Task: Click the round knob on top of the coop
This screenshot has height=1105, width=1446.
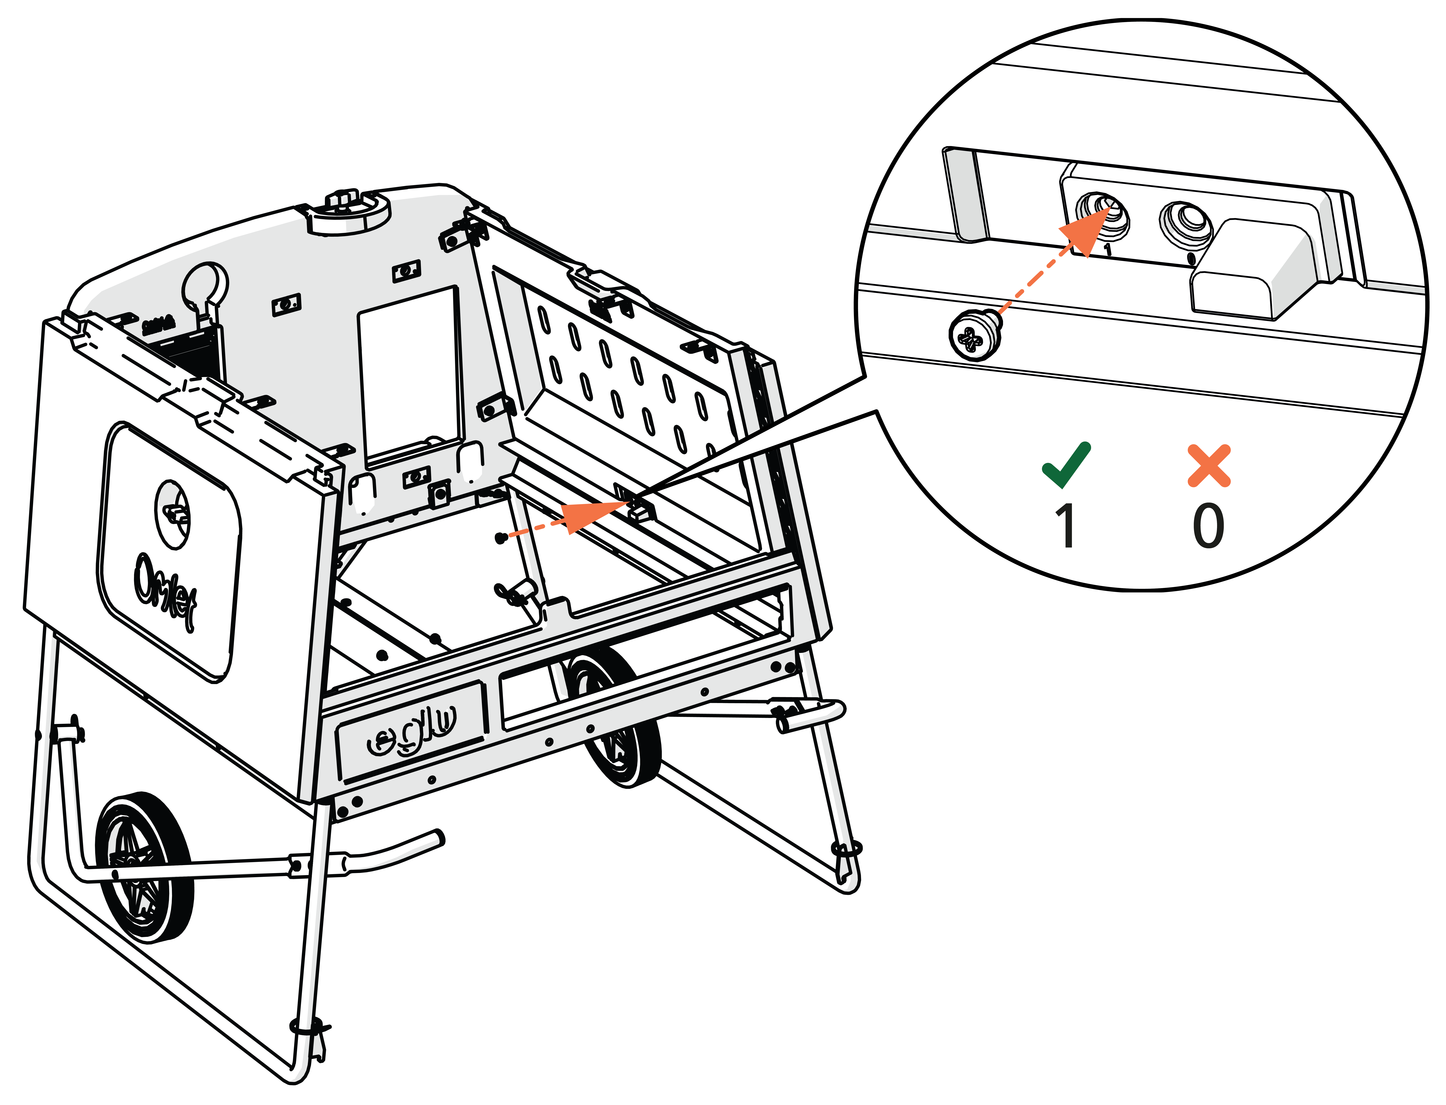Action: pos(347,209)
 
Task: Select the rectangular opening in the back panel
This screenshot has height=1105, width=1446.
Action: pos(409,375)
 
